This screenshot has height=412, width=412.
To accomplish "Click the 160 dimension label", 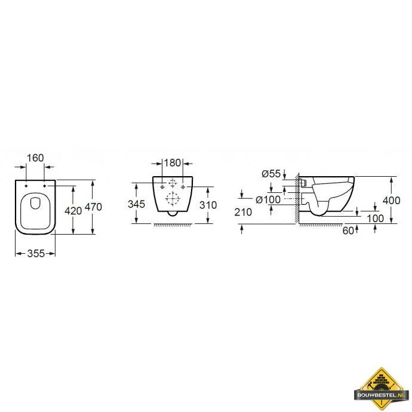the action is click(35, 158).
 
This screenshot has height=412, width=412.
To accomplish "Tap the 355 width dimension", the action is click(36, 254).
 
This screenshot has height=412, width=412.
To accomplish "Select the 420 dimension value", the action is click(73, 211).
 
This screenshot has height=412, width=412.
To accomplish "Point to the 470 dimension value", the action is click(93, 207).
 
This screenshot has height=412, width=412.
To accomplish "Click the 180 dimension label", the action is click(173, 163).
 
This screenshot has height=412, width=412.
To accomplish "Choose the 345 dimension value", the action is click(136, 204).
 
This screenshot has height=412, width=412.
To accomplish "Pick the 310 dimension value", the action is click(208, 205).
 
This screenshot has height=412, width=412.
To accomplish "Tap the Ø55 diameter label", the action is click(271, 174).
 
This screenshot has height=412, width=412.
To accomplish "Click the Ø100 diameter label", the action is click(268, 199).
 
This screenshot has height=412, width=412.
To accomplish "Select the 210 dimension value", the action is click(243, 212).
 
